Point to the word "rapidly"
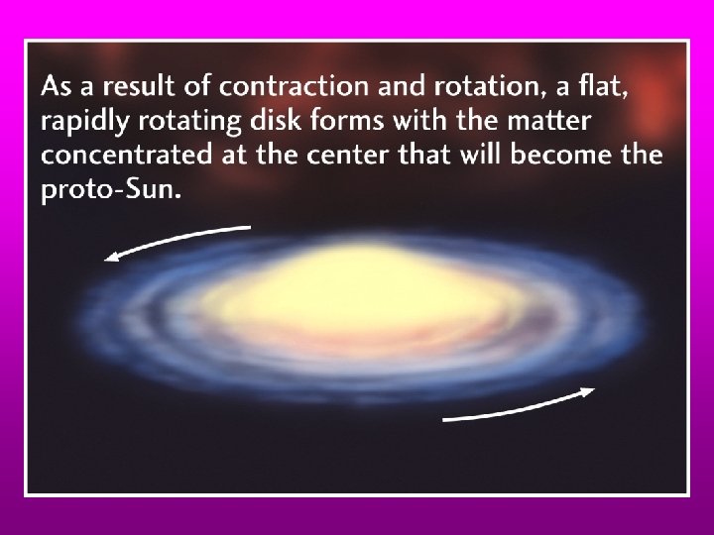pos(82,124)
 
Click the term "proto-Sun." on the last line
pos(111,190)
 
